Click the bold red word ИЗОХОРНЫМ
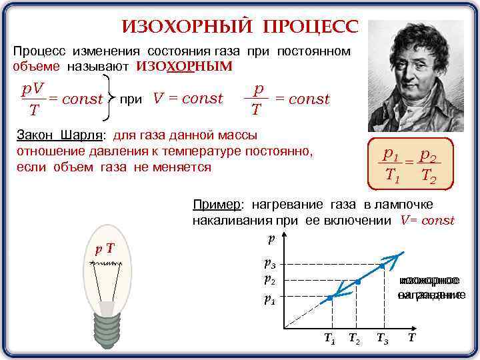tap(185, 66)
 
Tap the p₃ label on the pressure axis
tap(270, 264)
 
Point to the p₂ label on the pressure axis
tap(270, 280)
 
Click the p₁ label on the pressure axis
tap(270, 299)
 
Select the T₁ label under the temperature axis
tap(329, 339)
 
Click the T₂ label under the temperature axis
tap(355, 339)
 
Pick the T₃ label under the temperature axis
tap(382, 339)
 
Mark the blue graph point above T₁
tap(330, 298)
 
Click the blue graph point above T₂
tap(358, 282)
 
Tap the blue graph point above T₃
tap(382, 265)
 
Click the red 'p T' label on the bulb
tap(103, 249)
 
